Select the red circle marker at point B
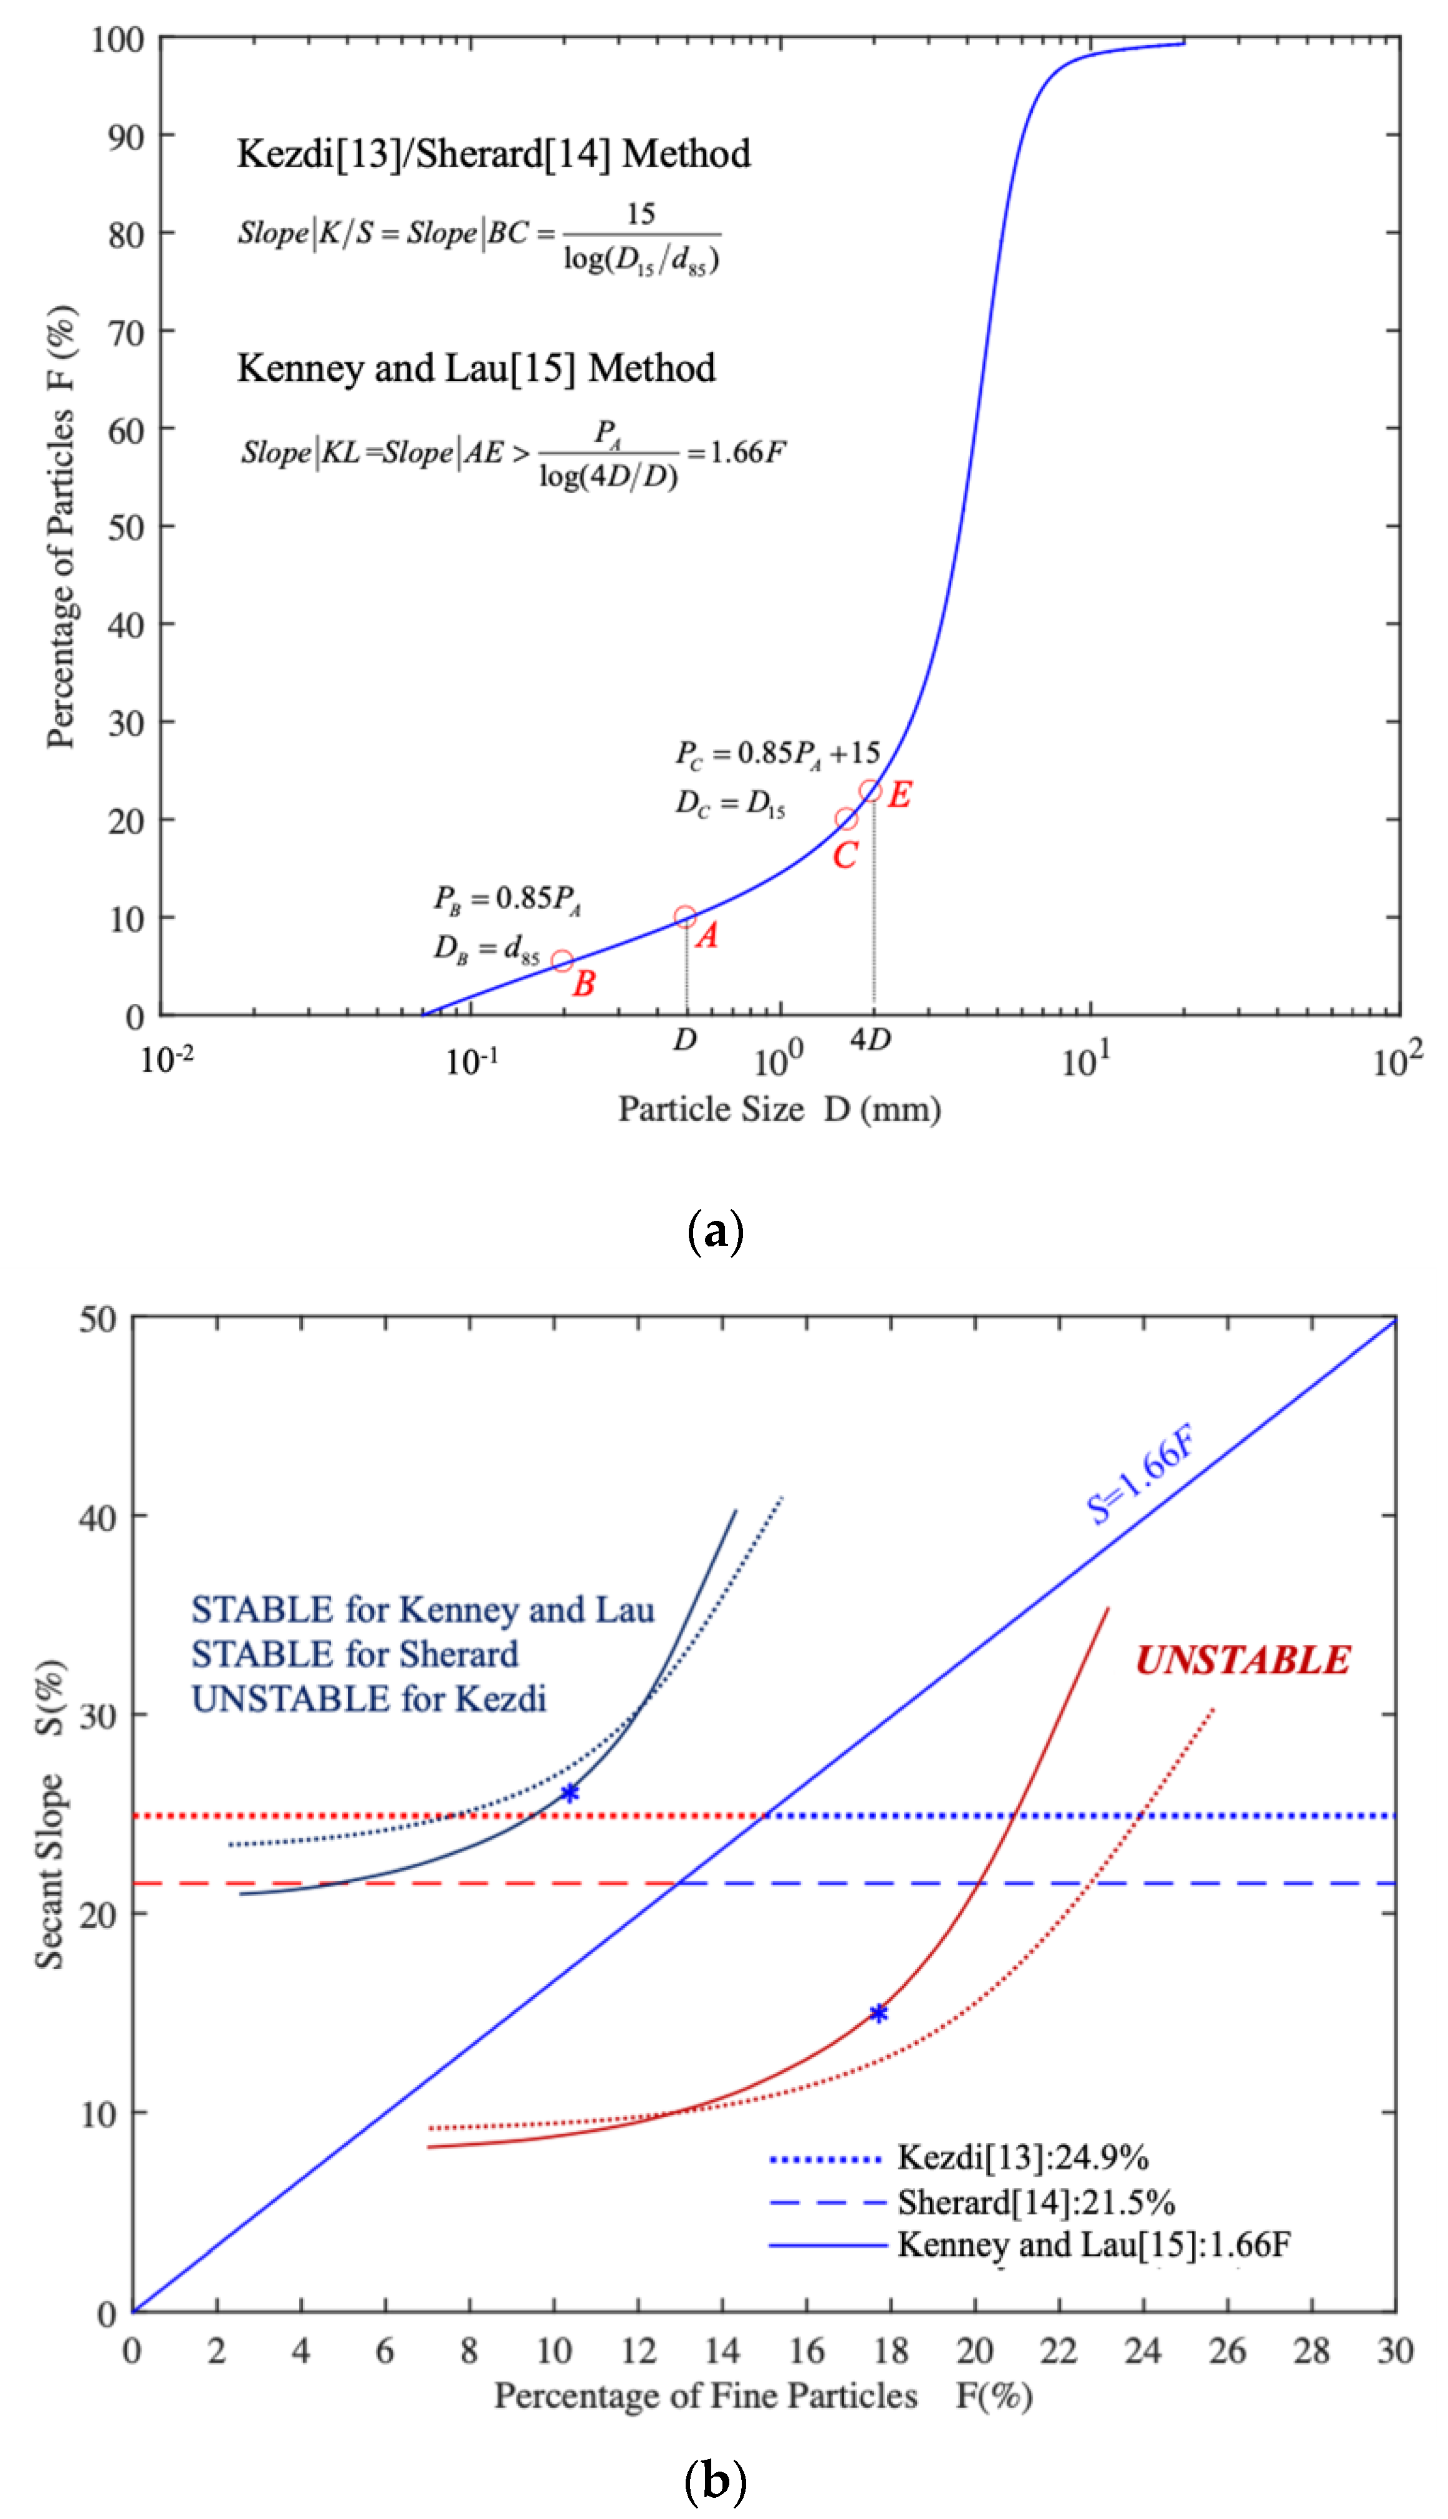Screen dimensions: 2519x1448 click(x=562, y=961)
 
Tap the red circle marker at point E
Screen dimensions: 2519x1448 click(x=870, y=792)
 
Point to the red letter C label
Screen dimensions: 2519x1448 click(x=845, y=855)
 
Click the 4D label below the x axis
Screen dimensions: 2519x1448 click(x=870, y=1039)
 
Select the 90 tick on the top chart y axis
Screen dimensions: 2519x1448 click(x=127, y=137)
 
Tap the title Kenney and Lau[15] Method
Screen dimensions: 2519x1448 click(x=476, y=368)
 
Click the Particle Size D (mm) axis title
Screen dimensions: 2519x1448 click(x=780, y=1109)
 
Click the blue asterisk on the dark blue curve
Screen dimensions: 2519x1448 click(x=570, y=1793)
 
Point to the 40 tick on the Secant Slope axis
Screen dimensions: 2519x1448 click(x=97, y=1518)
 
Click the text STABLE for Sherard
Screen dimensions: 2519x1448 click(x=355, y=1654)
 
